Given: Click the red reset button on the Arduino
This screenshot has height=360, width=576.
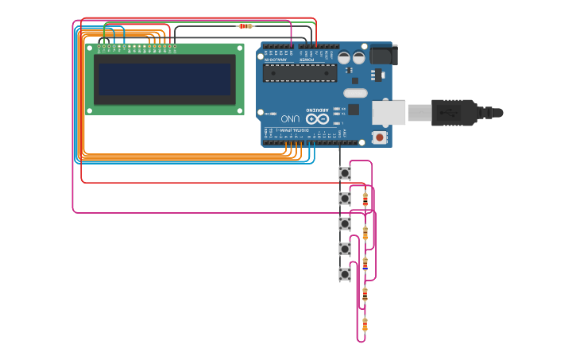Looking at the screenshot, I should point(380,137).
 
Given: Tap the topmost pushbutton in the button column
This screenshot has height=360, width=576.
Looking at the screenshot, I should point(345,172).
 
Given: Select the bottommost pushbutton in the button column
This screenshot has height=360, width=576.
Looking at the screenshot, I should point(345,274).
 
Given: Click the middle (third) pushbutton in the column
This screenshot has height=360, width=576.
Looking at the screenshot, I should point(345,224).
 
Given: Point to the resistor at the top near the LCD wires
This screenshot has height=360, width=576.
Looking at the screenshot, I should point(245,26).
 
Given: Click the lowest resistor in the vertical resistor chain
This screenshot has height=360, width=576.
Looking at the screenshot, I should point(365,323).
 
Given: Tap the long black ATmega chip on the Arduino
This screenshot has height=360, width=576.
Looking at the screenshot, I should point(300,73).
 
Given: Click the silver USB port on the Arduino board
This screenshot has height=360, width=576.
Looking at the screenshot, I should point(389,112).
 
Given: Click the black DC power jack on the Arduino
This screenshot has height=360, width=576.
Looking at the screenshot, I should point(382,54).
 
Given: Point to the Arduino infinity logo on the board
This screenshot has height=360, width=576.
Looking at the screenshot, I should point(317,118).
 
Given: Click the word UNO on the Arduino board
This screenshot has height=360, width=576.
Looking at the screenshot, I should point(290,118).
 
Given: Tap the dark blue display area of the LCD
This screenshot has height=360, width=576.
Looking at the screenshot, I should point(164,79).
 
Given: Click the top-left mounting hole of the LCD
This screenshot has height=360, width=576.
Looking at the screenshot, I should point(90,48).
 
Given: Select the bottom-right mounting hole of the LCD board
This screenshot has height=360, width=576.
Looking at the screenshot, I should point(240,111).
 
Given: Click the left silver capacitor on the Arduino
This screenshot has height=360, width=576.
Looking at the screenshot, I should point(345,57).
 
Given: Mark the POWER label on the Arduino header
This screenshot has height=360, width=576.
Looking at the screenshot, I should point(307,60).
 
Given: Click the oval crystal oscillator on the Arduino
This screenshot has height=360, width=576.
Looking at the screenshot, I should point(355,93).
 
